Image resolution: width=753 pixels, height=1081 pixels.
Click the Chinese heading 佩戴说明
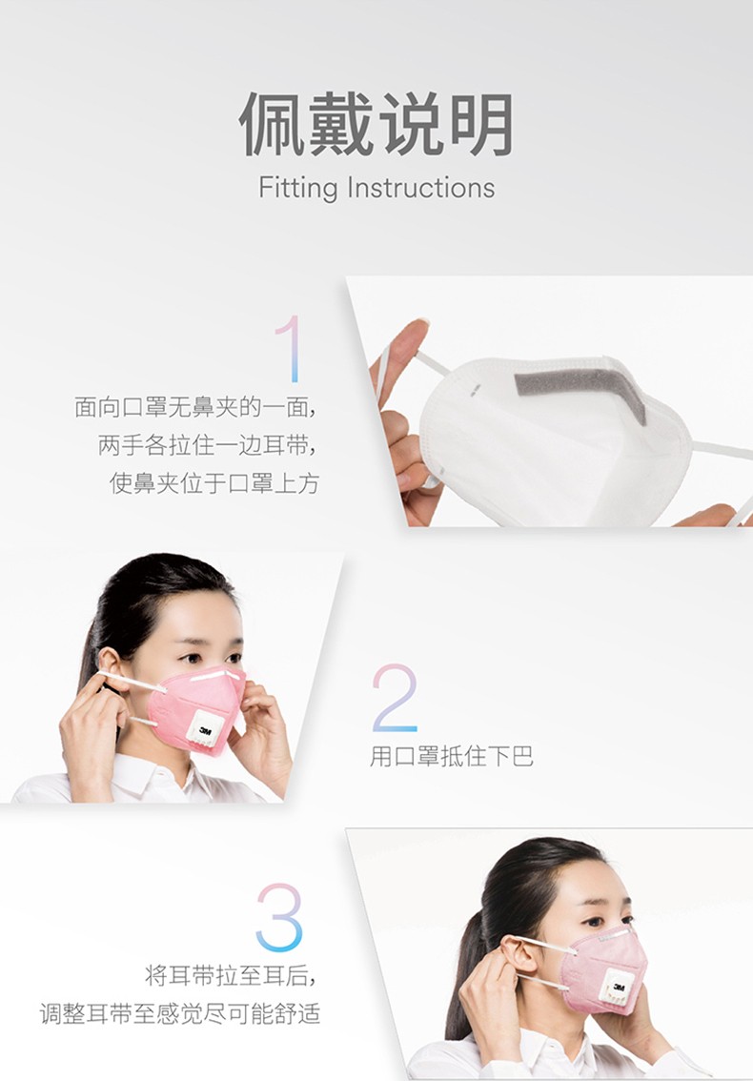tap(376, 125)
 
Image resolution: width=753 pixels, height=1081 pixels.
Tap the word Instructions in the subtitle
tap(420, 187)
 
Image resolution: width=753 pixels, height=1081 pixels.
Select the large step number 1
tap(287, 349)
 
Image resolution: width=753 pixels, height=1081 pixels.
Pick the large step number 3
tap(278, 917)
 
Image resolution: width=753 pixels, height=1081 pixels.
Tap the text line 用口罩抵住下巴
tap(451, 757)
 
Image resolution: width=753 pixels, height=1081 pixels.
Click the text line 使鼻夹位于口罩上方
tap(214, 483)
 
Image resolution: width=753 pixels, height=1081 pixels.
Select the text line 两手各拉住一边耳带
tap(208, 445)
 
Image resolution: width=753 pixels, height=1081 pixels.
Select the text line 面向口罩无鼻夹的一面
tap(195, 407)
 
